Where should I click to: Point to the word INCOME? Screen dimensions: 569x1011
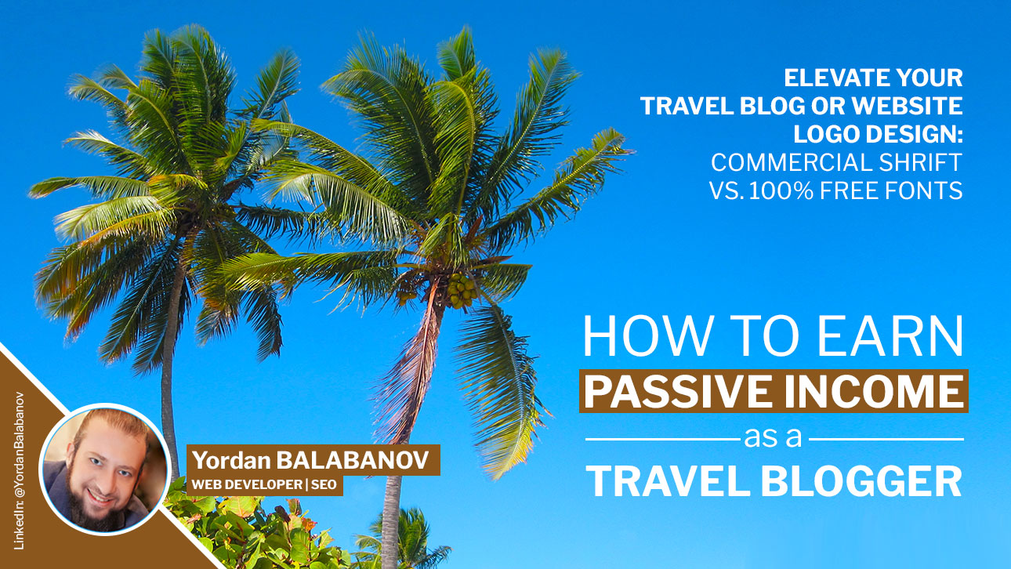[875, 391]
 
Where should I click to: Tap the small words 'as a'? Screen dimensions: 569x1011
[773, 437]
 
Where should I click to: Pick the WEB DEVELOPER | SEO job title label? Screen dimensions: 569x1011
[264, 484]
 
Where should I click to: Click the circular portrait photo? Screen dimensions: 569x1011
[104, 469]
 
